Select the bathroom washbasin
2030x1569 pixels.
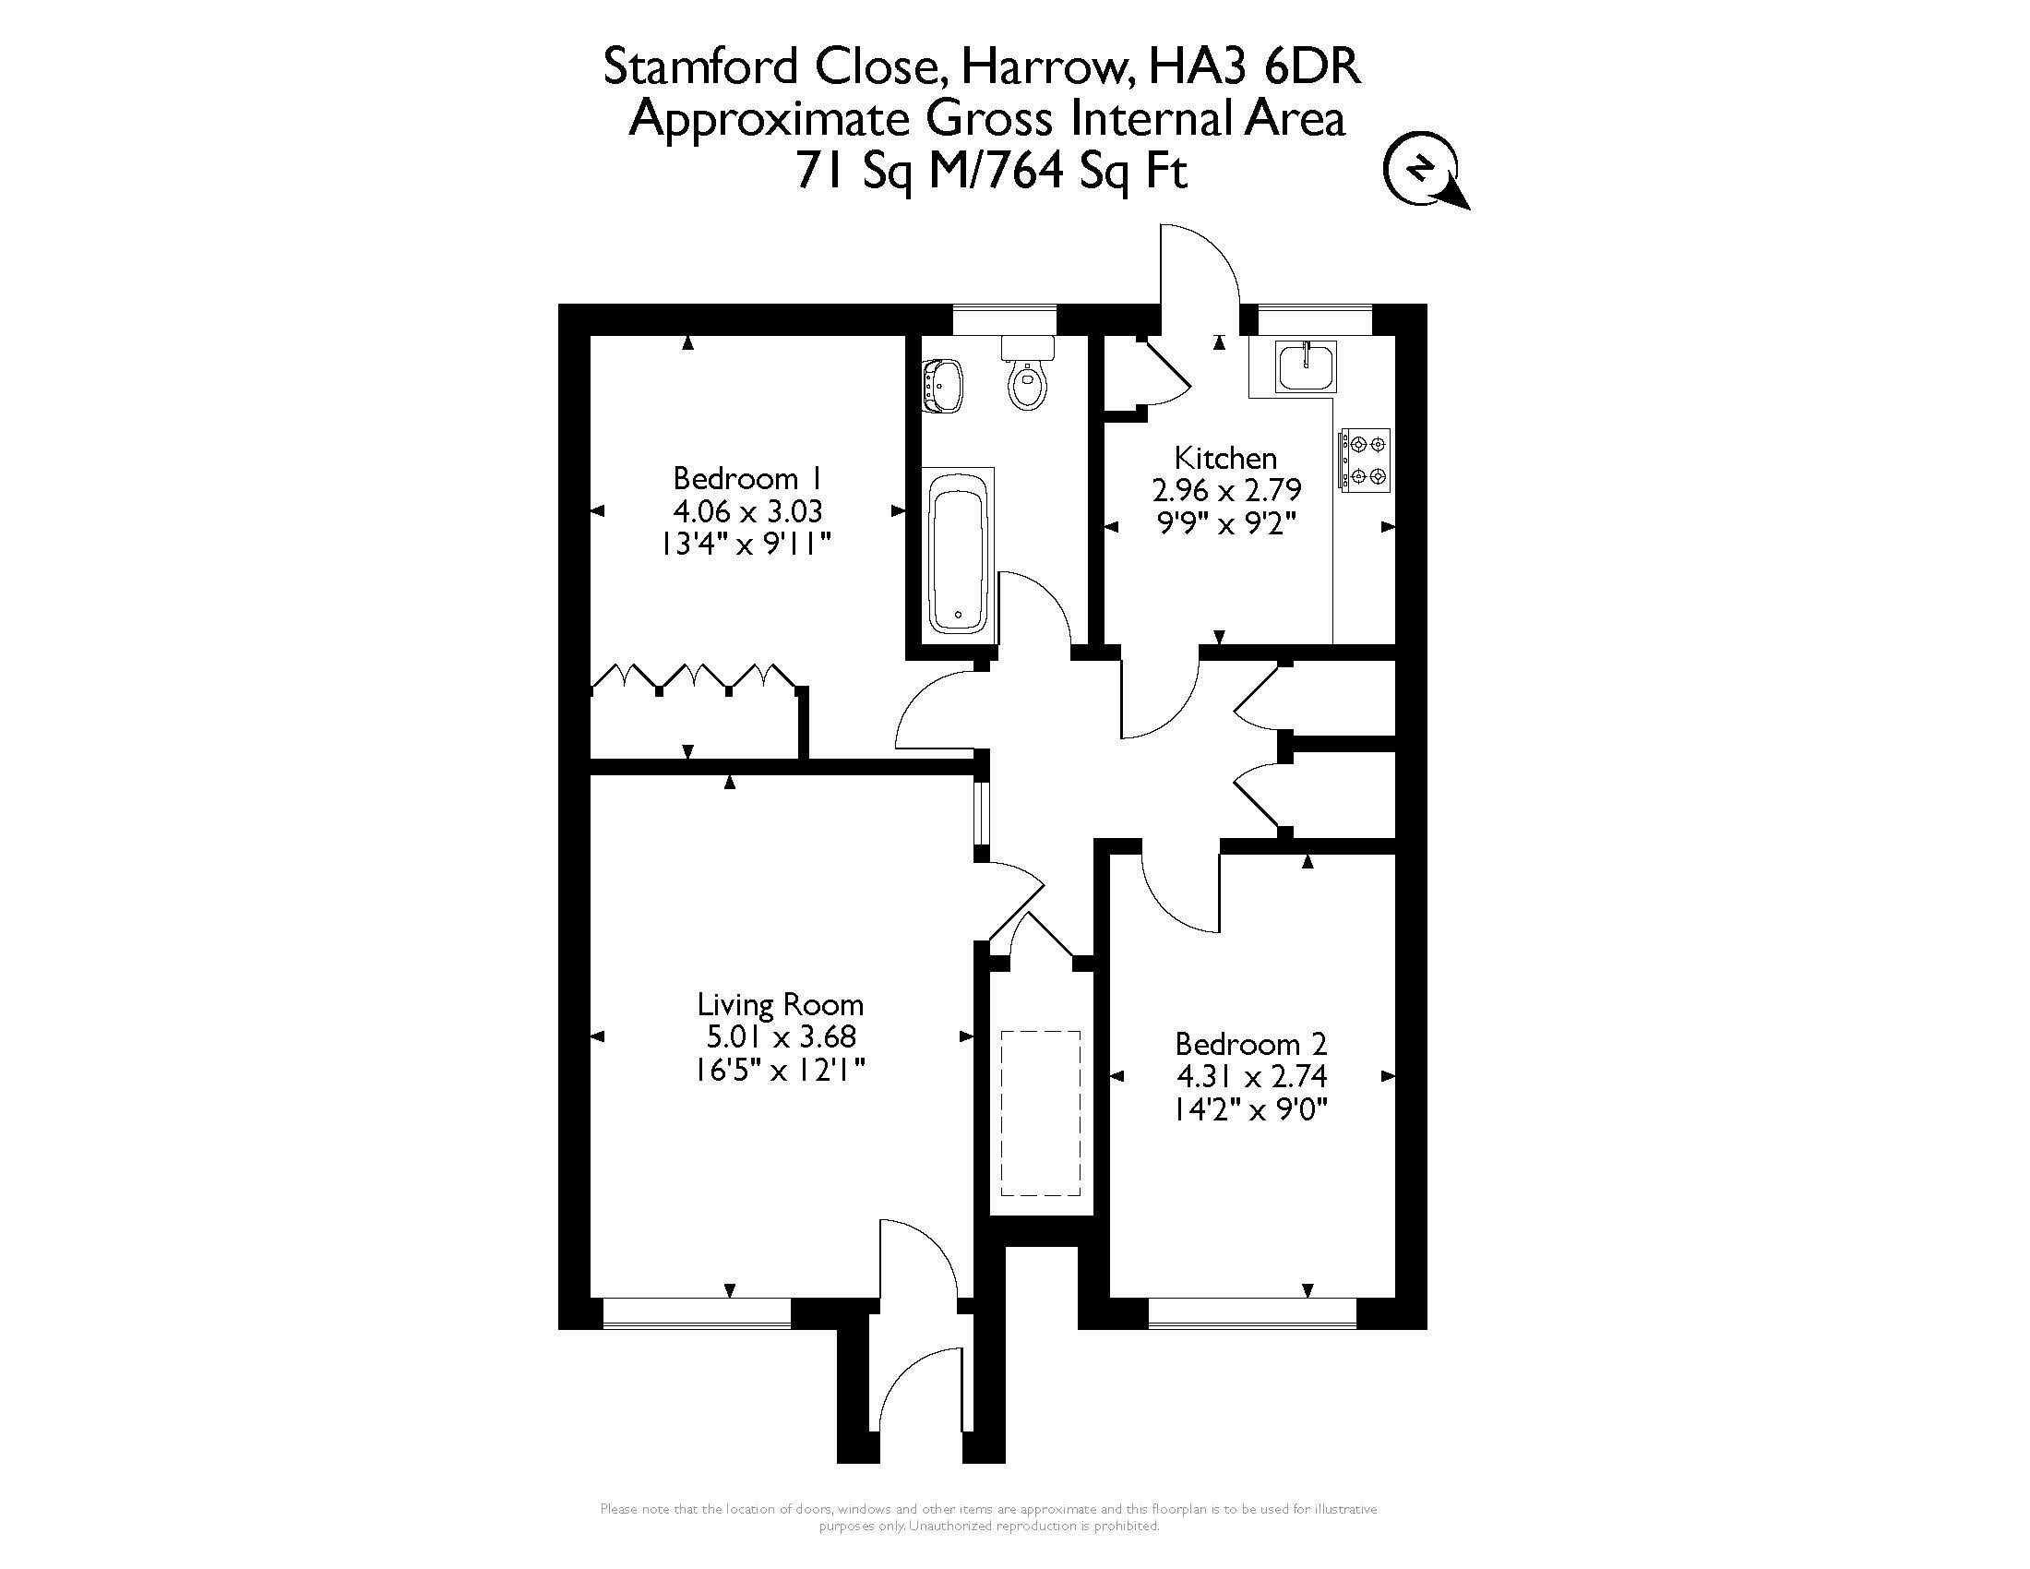click(x=943, y=385)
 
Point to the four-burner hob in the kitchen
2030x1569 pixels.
click(x=1364, y=460)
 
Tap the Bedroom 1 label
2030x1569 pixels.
click(x=747, y=479)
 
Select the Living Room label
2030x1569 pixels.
click(x=781, y=1004)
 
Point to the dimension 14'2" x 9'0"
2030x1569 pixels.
click(x=1251, y=1108)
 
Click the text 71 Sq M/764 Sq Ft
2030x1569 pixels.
click(x=992, y=172)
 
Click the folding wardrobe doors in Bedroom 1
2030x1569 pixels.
click(x=694, y=678)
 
